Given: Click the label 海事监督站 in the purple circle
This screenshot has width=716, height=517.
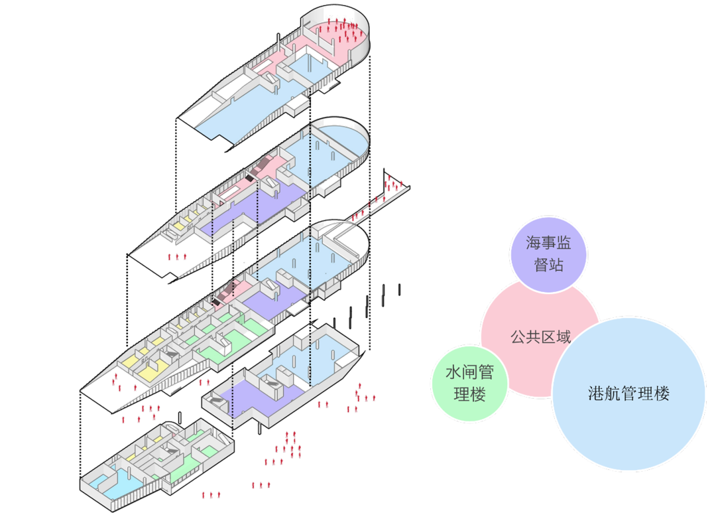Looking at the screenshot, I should point(548,253).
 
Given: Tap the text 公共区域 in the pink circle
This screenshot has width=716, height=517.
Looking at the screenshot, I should point(540,337).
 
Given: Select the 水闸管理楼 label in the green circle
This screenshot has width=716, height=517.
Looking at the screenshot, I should point(469,384).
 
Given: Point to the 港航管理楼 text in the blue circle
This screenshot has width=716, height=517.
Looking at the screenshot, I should point(628,394).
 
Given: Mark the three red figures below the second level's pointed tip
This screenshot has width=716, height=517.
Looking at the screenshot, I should point(177,256).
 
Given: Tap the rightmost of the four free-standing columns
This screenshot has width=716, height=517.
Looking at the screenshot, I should point(399,289).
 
